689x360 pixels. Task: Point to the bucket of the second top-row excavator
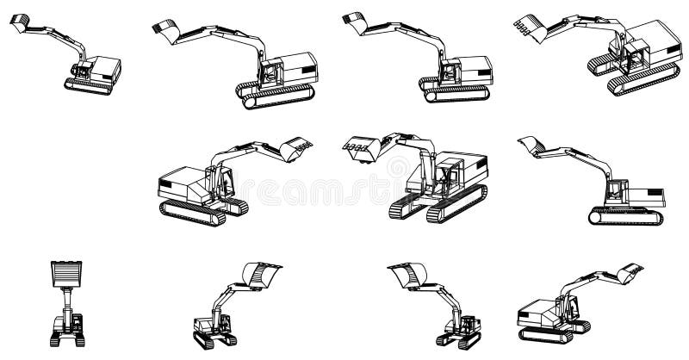click(164, 32)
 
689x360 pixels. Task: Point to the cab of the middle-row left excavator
click(226, 183)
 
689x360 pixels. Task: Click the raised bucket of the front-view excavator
click(65, 274)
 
